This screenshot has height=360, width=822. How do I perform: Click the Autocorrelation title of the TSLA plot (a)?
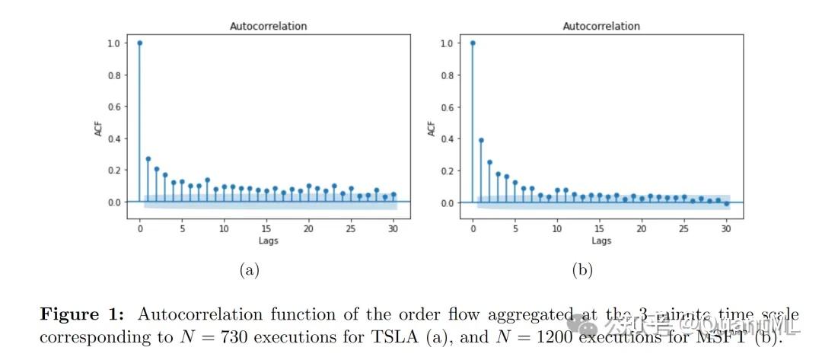coord(268,26)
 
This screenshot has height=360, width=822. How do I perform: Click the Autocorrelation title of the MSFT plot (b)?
coord(601,26)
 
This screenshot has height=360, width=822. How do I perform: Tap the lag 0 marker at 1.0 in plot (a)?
coord(139,43)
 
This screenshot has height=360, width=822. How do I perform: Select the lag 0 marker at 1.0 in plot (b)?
coord(473,43)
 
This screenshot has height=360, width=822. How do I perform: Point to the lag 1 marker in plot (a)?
coord(148,159)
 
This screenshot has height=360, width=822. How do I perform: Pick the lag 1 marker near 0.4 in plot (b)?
coord(481,140)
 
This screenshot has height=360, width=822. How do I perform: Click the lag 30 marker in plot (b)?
coord(726,204)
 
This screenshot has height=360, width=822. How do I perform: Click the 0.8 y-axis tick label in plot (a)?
coord(114,75)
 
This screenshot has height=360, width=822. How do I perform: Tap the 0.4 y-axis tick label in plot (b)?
coord(448,139)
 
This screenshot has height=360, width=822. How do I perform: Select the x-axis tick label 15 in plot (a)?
coord(266,228)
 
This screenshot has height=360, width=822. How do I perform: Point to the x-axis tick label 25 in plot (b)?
coord(683,228)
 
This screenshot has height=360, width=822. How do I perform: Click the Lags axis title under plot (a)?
coord(268,241)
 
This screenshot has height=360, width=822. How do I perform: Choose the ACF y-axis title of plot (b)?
coord(432,129)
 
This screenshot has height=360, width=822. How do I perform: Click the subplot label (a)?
coord(249,269)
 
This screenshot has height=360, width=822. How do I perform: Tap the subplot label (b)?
coord(582,269)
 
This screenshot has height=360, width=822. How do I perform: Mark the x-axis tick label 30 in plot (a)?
coord(393,228)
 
